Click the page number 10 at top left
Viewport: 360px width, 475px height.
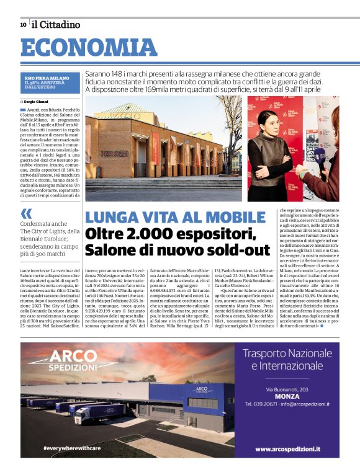click(x=23, y=25)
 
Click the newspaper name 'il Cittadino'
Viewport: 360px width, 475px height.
click(x=56, y=25)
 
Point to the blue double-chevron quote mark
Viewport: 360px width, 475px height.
click(x=26, y=214)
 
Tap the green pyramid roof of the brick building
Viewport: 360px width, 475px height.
click(x=122, y=112)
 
